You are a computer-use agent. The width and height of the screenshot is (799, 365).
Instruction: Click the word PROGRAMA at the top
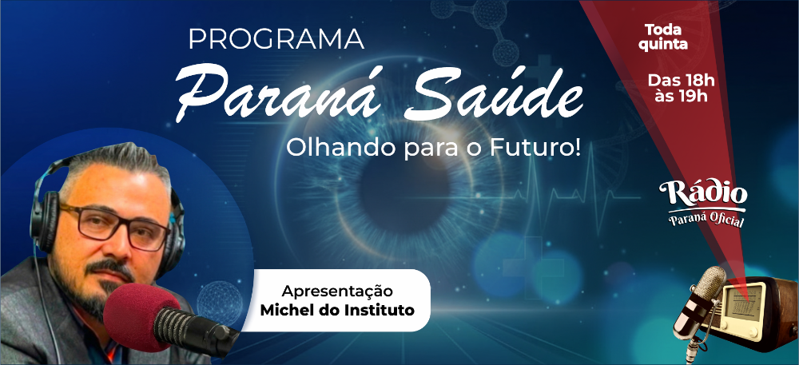pyautogui.click(x=276, y=39)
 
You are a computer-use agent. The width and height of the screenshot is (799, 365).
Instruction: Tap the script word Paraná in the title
pyautogui.click(x=279, y=93)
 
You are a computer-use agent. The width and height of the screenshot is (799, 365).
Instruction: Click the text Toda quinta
pyautogui.click(x=663, y=38)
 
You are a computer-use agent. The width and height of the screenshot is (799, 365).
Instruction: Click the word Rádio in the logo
pyautogui.click(x=703, y=193)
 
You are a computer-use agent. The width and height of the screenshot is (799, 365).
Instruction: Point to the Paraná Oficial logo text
pyautogui.click(x=706, y=219)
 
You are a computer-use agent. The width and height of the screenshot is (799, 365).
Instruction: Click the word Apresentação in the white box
pyautogui.click(x=337, y=292)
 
